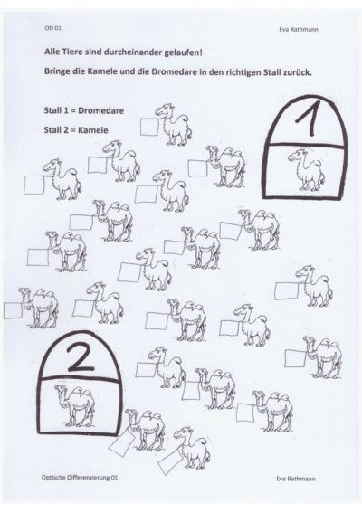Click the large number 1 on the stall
(310, 119)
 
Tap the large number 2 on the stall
(80, 358)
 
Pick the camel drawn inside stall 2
(75, 405)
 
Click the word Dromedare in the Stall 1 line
(101, 110)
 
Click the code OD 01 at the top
(52, 28)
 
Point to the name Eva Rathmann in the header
(299, 30)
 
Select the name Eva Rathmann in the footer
(296, 479)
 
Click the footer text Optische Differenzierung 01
(80, 478)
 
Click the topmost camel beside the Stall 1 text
(173, 125)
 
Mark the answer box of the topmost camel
(149, 127)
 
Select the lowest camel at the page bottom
(191, 448)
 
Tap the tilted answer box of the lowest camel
(171, 461)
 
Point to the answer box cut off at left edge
(13, 310)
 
